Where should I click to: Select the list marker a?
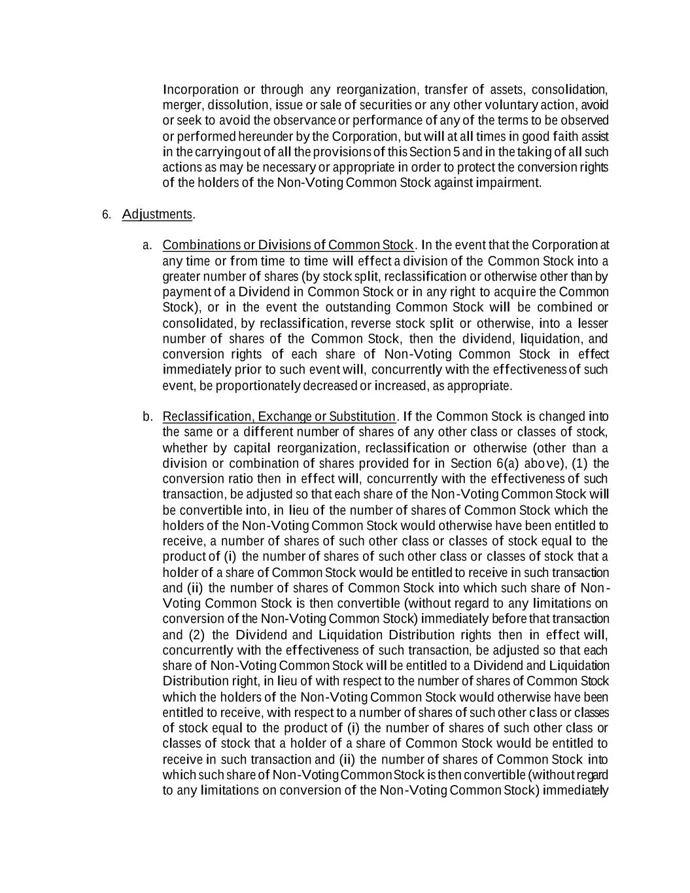[147, 245]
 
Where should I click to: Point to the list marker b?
[147, 417]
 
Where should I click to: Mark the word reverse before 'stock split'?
[371, 323]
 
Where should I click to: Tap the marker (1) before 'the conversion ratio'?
[581, 464]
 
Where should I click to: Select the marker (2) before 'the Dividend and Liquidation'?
[197, 635]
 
